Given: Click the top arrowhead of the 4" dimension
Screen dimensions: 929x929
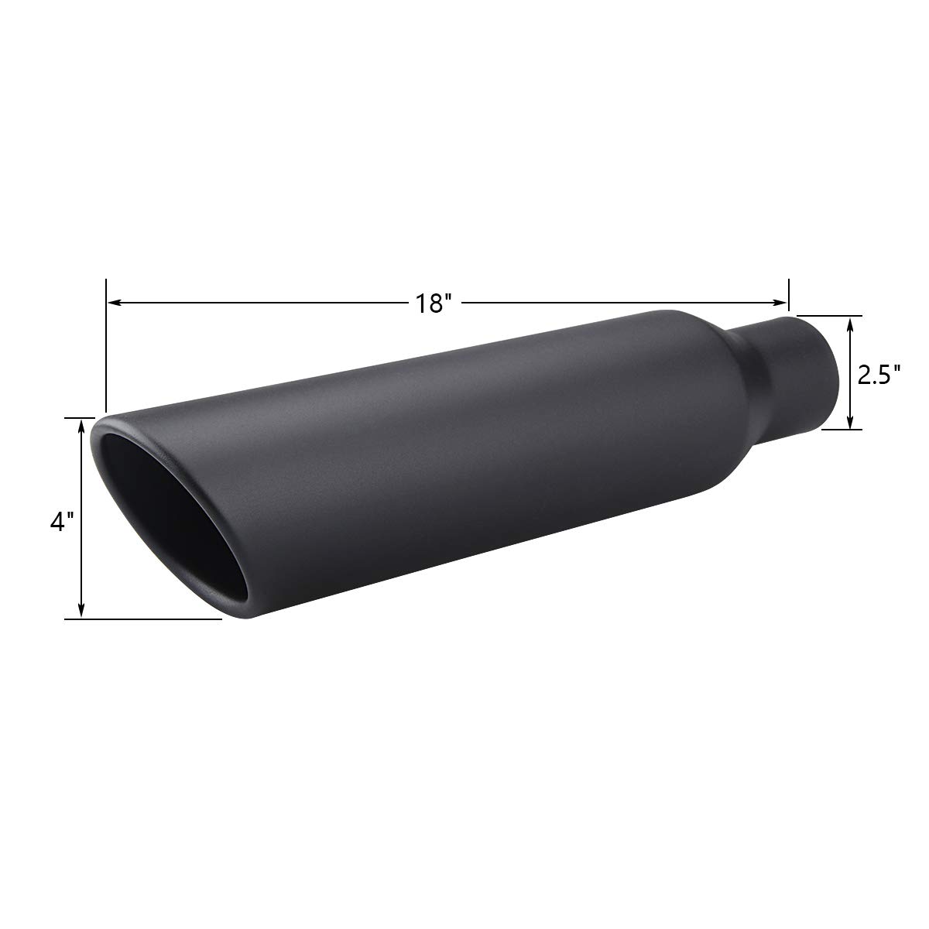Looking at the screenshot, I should coord(81,423).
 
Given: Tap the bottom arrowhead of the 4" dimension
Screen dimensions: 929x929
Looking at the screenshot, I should coord(81,613).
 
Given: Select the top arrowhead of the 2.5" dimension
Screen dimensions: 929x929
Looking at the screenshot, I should coord(851,321).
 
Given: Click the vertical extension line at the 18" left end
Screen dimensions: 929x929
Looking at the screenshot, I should coord(106,348).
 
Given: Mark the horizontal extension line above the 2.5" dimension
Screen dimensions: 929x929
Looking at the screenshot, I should coord(828,316).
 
